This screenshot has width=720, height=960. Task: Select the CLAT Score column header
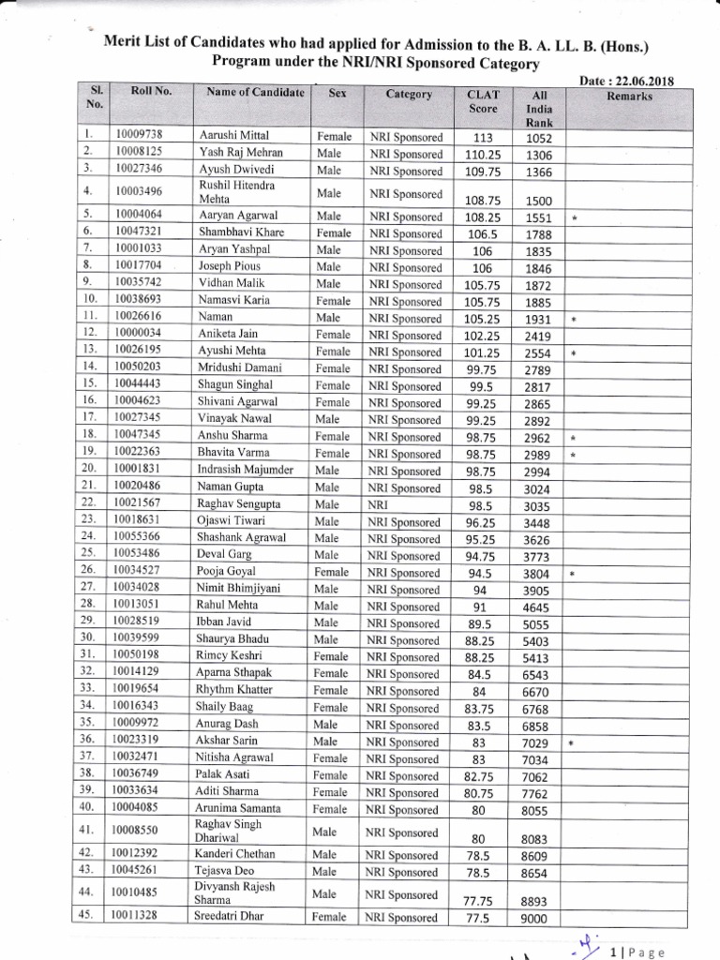(x=483, y=101)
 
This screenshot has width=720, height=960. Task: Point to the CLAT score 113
(x=483, y=138)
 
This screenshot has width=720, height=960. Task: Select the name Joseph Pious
(x=228, y=266)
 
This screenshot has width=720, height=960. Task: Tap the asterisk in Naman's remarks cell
(x=573, y=320)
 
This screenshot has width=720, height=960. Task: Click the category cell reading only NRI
(x=378, y=504)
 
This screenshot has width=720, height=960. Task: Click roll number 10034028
(x=138, y=589)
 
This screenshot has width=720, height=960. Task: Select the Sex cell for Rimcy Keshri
(x=333, y=656)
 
